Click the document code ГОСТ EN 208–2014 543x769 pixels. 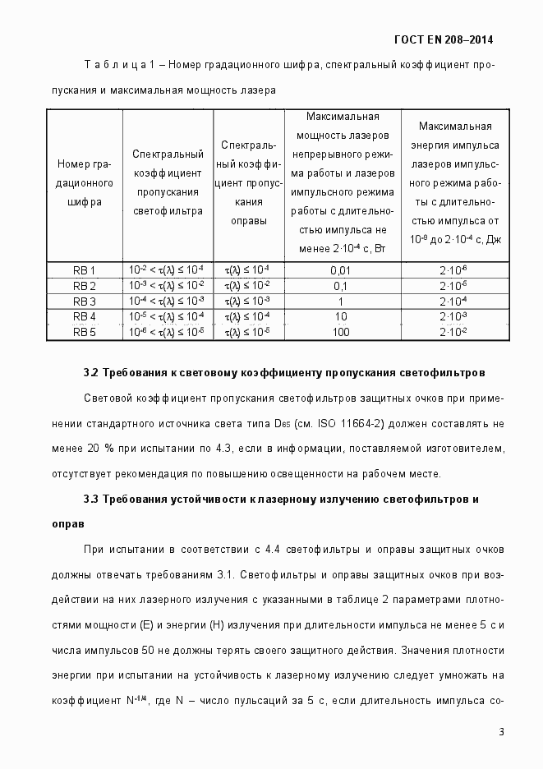[444, 39]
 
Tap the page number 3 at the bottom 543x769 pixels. [501, 732]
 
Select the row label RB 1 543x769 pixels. [85, 270]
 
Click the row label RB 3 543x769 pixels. [85, 302]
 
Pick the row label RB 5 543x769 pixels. [85, 333]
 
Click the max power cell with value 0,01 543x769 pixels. [340, 270]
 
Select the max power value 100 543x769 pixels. [340, 333]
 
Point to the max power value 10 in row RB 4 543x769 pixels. [340, 317]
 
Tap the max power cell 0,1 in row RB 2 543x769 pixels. [340, 286]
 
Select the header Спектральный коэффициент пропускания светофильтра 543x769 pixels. [168, 182]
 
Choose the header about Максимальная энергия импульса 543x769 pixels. [454, 182]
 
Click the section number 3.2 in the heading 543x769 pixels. [91, 373]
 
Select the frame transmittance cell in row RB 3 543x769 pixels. [248, 302]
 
